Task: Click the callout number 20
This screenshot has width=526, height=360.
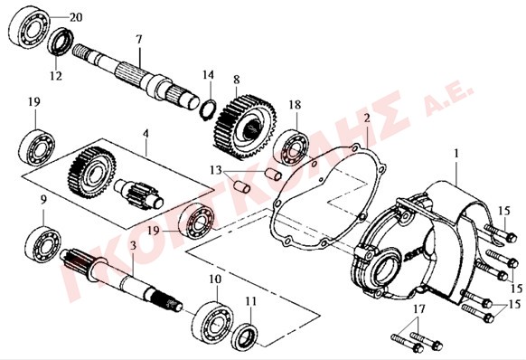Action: [76, 17]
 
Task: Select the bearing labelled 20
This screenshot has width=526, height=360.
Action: [29, 29]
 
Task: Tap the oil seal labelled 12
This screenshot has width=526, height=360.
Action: [61, 42]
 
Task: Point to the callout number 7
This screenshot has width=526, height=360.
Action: [139, 39]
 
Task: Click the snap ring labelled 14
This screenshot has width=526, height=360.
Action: [208, 109]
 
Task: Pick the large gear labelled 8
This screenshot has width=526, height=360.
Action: [245, 127]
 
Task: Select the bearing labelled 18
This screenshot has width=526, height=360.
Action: [291, 147]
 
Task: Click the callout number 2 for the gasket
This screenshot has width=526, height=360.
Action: [367, 118]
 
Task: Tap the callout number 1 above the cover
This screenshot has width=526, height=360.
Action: [456, 154]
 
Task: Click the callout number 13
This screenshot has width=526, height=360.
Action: [216, 170]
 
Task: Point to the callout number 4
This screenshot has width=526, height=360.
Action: [146, 133]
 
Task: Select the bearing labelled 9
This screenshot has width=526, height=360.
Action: [42, 242]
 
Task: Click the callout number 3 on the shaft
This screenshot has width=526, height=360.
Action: [133, 246]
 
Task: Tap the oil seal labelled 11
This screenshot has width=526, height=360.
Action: [245, 336]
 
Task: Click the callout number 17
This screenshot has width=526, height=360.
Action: [419, 308]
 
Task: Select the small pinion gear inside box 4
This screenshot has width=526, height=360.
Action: [139, 195]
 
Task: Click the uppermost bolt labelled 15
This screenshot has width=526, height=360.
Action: [501, 233]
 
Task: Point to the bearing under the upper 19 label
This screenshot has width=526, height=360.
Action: [37, 147]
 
